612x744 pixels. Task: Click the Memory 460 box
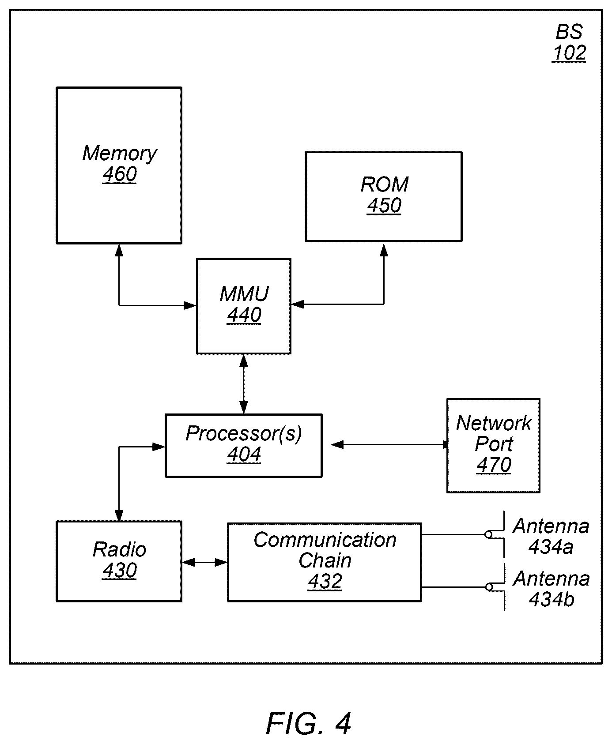(119, 165)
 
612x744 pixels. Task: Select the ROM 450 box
(384, 196)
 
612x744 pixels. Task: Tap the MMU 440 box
(244, 306)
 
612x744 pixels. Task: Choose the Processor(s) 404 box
(243, 445)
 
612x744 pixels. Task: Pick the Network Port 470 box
(493, 445)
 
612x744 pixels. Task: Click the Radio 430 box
(119, 561)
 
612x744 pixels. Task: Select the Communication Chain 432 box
(325, 562)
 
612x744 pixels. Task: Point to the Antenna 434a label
(551, 536)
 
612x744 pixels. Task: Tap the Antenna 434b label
(551, 589)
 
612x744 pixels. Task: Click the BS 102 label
(569, 42)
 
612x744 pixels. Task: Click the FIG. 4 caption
(308, 724)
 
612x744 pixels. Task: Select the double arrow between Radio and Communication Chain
(204, 562)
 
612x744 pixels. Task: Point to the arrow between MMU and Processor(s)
(244, 384)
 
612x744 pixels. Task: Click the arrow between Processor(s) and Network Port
(390, 445)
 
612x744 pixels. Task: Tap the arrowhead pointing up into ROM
(384, 250)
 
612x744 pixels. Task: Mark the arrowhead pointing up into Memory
(119, 251)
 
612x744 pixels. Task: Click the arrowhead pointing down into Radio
(119, 515)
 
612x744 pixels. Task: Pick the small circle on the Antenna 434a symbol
(488, 535)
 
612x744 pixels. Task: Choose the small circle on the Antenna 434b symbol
(489, 587)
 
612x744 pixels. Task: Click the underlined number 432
(325, 582)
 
